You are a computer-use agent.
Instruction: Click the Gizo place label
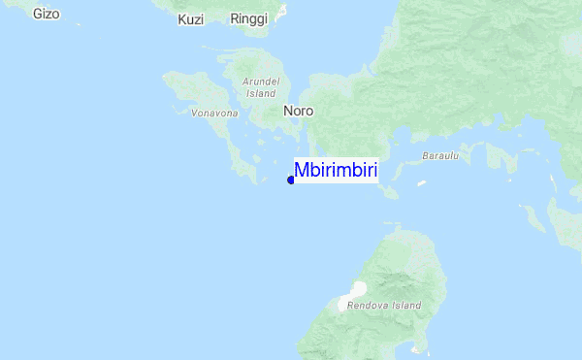click(46, 14)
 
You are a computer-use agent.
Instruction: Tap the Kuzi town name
click(191, 19)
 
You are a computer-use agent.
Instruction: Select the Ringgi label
click(248, 19)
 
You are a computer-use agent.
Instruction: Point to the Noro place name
click(298, 112)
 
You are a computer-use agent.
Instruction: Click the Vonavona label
click(214, 114)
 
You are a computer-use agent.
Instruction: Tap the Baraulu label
click(439, 156)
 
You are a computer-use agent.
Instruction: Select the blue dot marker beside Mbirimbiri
click(291, 180)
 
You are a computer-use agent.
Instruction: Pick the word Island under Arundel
click(261, 94)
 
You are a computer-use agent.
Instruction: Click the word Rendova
click(372, 306)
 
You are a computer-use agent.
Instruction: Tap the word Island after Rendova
click(407, 306)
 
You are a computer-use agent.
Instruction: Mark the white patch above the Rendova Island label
click(357, 290)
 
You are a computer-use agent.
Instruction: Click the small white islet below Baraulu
click(422, 182)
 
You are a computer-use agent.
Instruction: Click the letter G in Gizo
click(37, 14)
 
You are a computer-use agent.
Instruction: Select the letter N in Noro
click(288, 112)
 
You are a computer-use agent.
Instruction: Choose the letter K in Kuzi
click(182, 19)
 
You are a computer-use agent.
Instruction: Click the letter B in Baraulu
click(425, 156)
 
